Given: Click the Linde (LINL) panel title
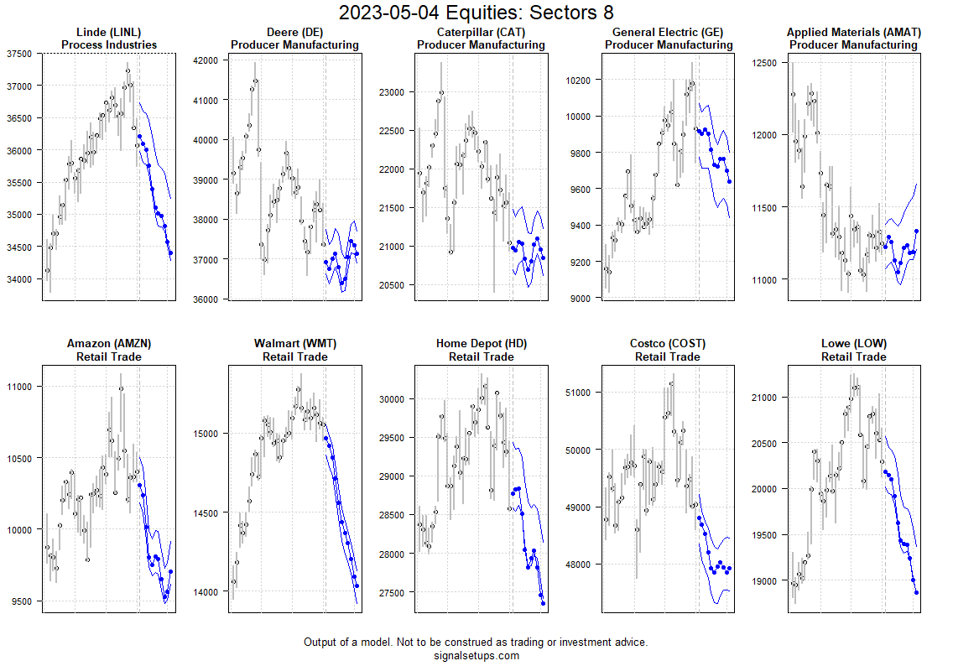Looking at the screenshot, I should (109, 33).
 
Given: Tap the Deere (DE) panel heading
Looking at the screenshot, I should (294, 33).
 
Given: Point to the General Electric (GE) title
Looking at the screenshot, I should (668, 33).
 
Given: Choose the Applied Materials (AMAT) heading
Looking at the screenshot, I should (854, 33).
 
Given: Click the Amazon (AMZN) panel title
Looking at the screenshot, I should (109, 344).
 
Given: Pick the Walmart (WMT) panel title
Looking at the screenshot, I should (294, 344).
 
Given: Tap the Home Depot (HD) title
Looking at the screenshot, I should (481, 344).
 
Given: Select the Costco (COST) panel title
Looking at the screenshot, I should (668, 344).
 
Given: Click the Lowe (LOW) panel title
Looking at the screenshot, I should (854, 344).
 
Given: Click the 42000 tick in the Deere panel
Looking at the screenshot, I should (206, 60).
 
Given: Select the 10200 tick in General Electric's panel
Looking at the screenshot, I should (580, 81).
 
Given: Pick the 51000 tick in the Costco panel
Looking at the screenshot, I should (580, 393).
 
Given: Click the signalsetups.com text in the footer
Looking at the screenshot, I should (476, 656).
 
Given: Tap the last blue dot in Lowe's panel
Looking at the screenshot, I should (916, 592).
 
